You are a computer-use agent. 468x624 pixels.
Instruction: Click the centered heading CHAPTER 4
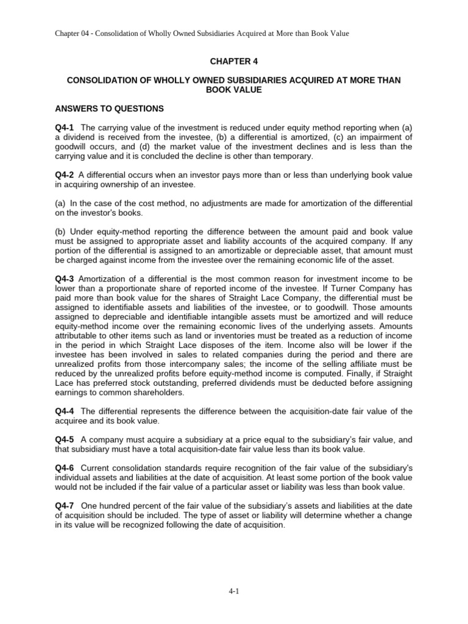pyautogui.click(x=233, y=62)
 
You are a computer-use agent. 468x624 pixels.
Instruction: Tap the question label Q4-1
pyautogui.click(x=64, y=127)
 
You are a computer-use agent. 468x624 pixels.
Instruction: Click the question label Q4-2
pyautogui.click(x=64, y=175)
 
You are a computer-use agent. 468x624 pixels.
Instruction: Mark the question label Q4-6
pyautogui.click(x=64, y=469)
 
